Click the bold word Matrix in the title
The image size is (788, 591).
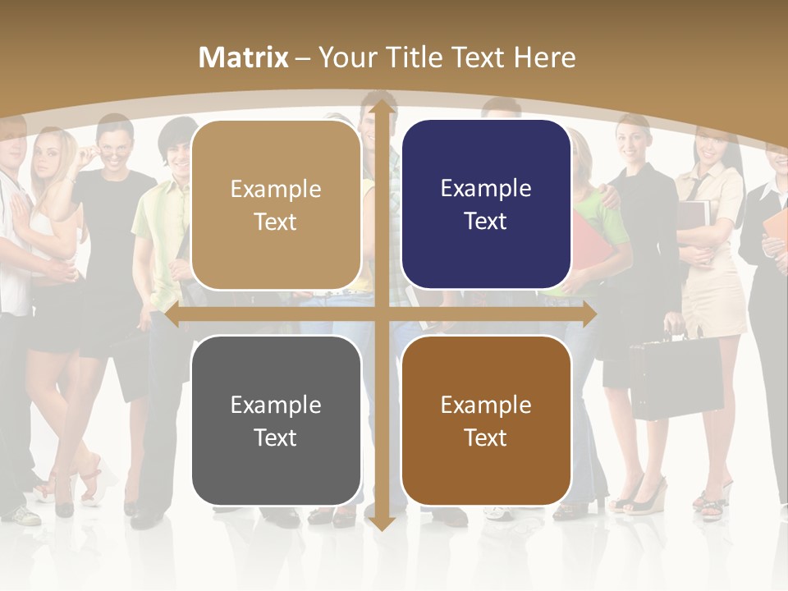click(244, 57)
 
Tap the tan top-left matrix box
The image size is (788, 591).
click(276, 205)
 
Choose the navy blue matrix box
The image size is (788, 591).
click(486, 204)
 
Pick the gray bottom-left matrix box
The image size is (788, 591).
click(276, 421)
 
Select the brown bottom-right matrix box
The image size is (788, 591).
click(486, 420)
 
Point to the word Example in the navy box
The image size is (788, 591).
click(486, 189)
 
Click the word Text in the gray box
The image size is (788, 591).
click(276, 438)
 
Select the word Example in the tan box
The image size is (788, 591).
click(276, 190)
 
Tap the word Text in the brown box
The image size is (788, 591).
click(486, 438)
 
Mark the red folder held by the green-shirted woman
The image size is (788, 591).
click(588, 246)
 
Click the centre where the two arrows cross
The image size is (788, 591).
click(381, 314)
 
